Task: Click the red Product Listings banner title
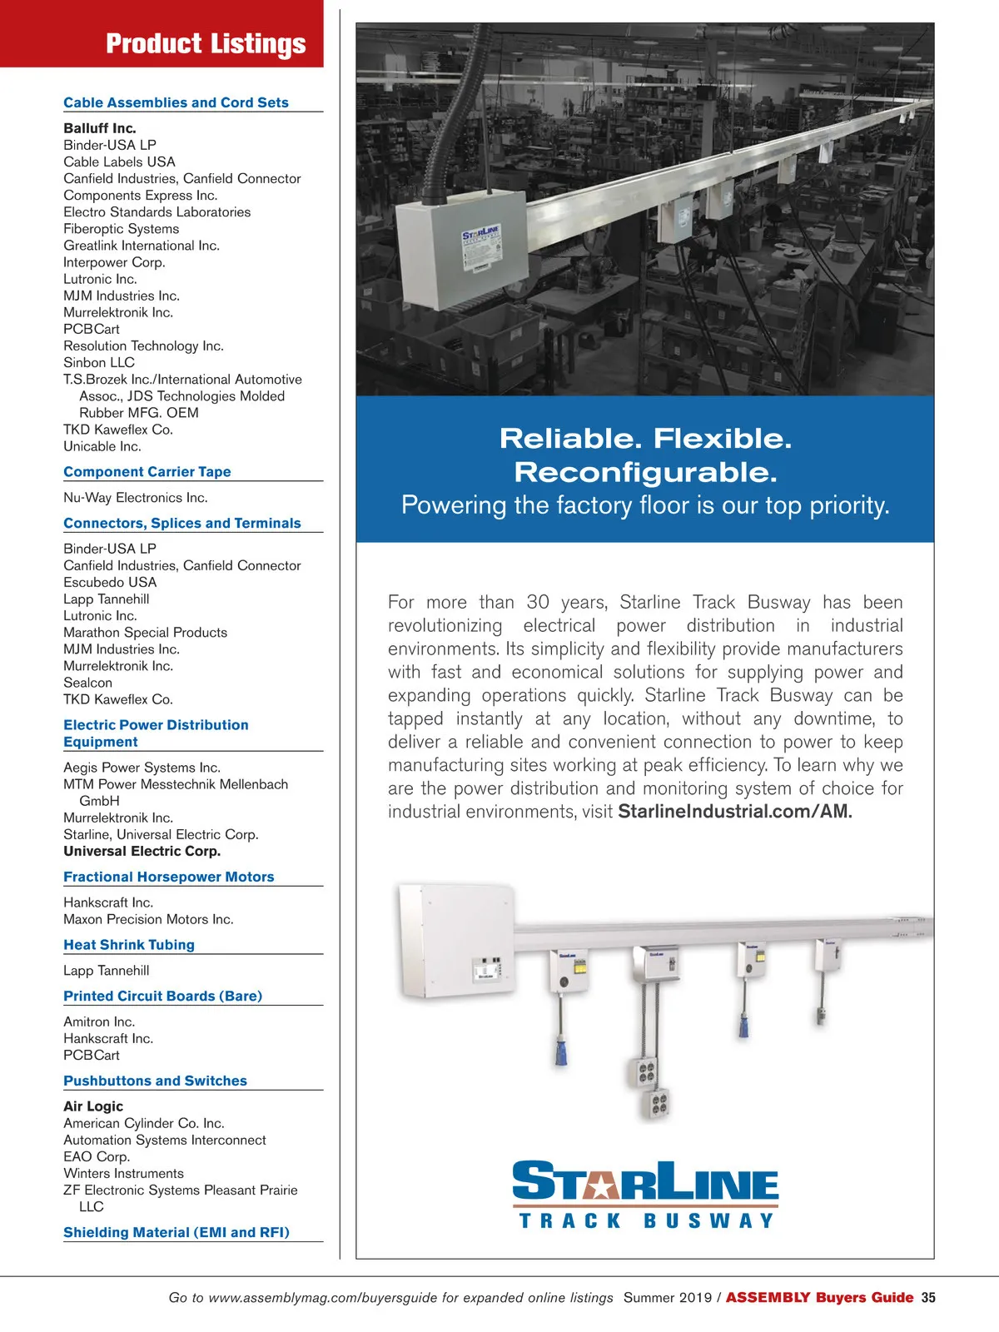(x=206, y=43)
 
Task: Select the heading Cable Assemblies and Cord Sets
(x=176, y=102)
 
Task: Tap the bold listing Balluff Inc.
(x=100, y=128)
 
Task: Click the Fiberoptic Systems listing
(x=121, y=229)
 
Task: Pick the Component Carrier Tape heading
(x=147, y=471)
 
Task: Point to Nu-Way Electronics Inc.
(x=136, y=498)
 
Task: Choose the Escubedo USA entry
(x=110, y=582)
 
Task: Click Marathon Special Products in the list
(x=145, y=633)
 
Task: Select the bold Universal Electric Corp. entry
(x=142, y=852)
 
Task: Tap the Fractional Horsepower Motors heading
(x=169, y=877)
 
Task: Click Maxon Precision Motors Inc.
(x=148, y=919)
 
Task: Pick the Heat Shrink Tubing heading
(x=129, y=945)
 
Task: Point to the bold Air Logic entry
(x=93, y=1106)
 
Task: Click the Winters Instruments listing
(x=123, y=1173)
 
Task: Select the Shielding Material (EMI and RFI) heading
(x=176, y=1232)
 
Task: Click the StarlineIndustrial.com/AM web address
(x=735, y=812)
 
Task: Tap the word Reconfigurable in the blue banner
(x=645, y=472)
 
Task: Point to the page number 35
(x=928, y=1297)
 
